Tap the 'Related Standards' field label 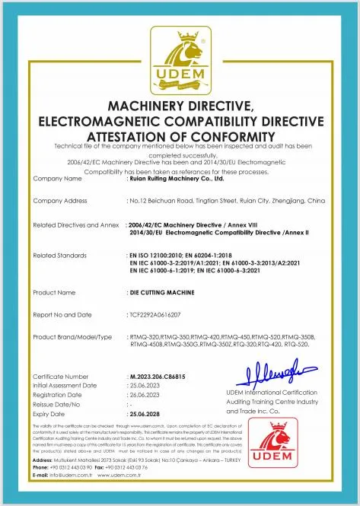(x=61, y=255)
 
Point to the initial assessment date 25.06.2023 (x=148, y=385)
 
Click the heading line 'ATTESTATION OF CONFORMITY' (x=180, y=135)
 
